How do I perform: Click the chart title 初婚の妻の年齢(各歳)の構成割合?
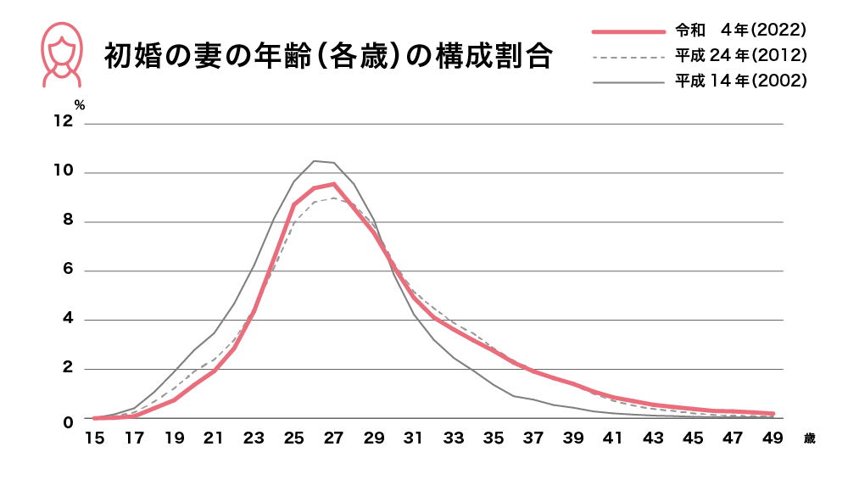tap(328, 58)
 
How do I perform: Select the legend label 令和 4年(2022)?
tap(739, 31)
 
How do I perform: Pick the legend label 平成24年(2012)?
tap(739, 56)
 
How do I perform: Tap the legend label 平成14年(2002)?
tap(739, 81)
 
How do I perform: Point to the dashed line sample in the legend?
tap(628, 57)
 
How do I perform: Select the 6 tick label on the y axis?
tap(67, 271)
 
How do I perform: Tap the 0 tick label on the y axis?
tap(67, 420)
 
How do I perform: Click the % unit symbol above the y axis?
tap(80, 105)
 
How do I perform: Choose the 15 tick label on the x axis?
tap(95, 438)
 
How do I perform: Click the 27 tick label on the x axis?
tap(334, 438)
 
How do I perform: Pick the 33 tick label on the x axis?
tap(454, 438)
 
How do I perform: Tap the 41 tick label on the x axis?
tap(613, 438)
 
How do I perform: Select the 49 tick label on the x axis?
tap(773, 438)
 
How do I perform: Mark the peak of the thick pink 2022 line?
tap(334, 184)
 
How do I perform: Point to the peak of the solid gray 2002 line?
tap(315, 161)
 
